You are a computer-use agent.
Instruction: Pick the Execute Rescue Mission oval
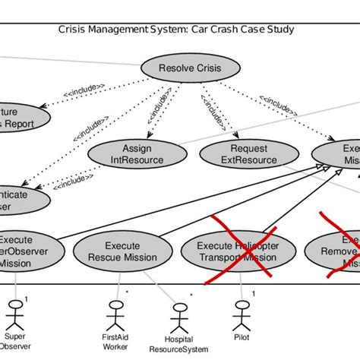(121, 251)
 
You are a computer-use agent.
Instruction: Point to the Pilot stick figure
(242, 311)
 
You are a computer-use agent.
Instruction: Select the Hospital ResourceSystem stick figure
(179, 315)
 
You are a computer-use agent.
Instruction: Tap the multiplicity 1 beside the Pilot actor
(253, 292)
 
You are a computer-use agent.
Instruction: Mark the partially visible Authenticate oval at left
(19, 200)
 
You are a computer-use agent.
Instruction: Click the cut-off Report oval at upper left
(19, 118)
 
